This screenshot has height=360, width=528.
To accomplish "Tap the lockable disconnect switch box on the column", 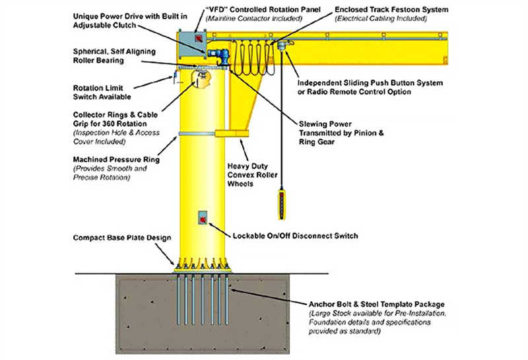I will [203, 217].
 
